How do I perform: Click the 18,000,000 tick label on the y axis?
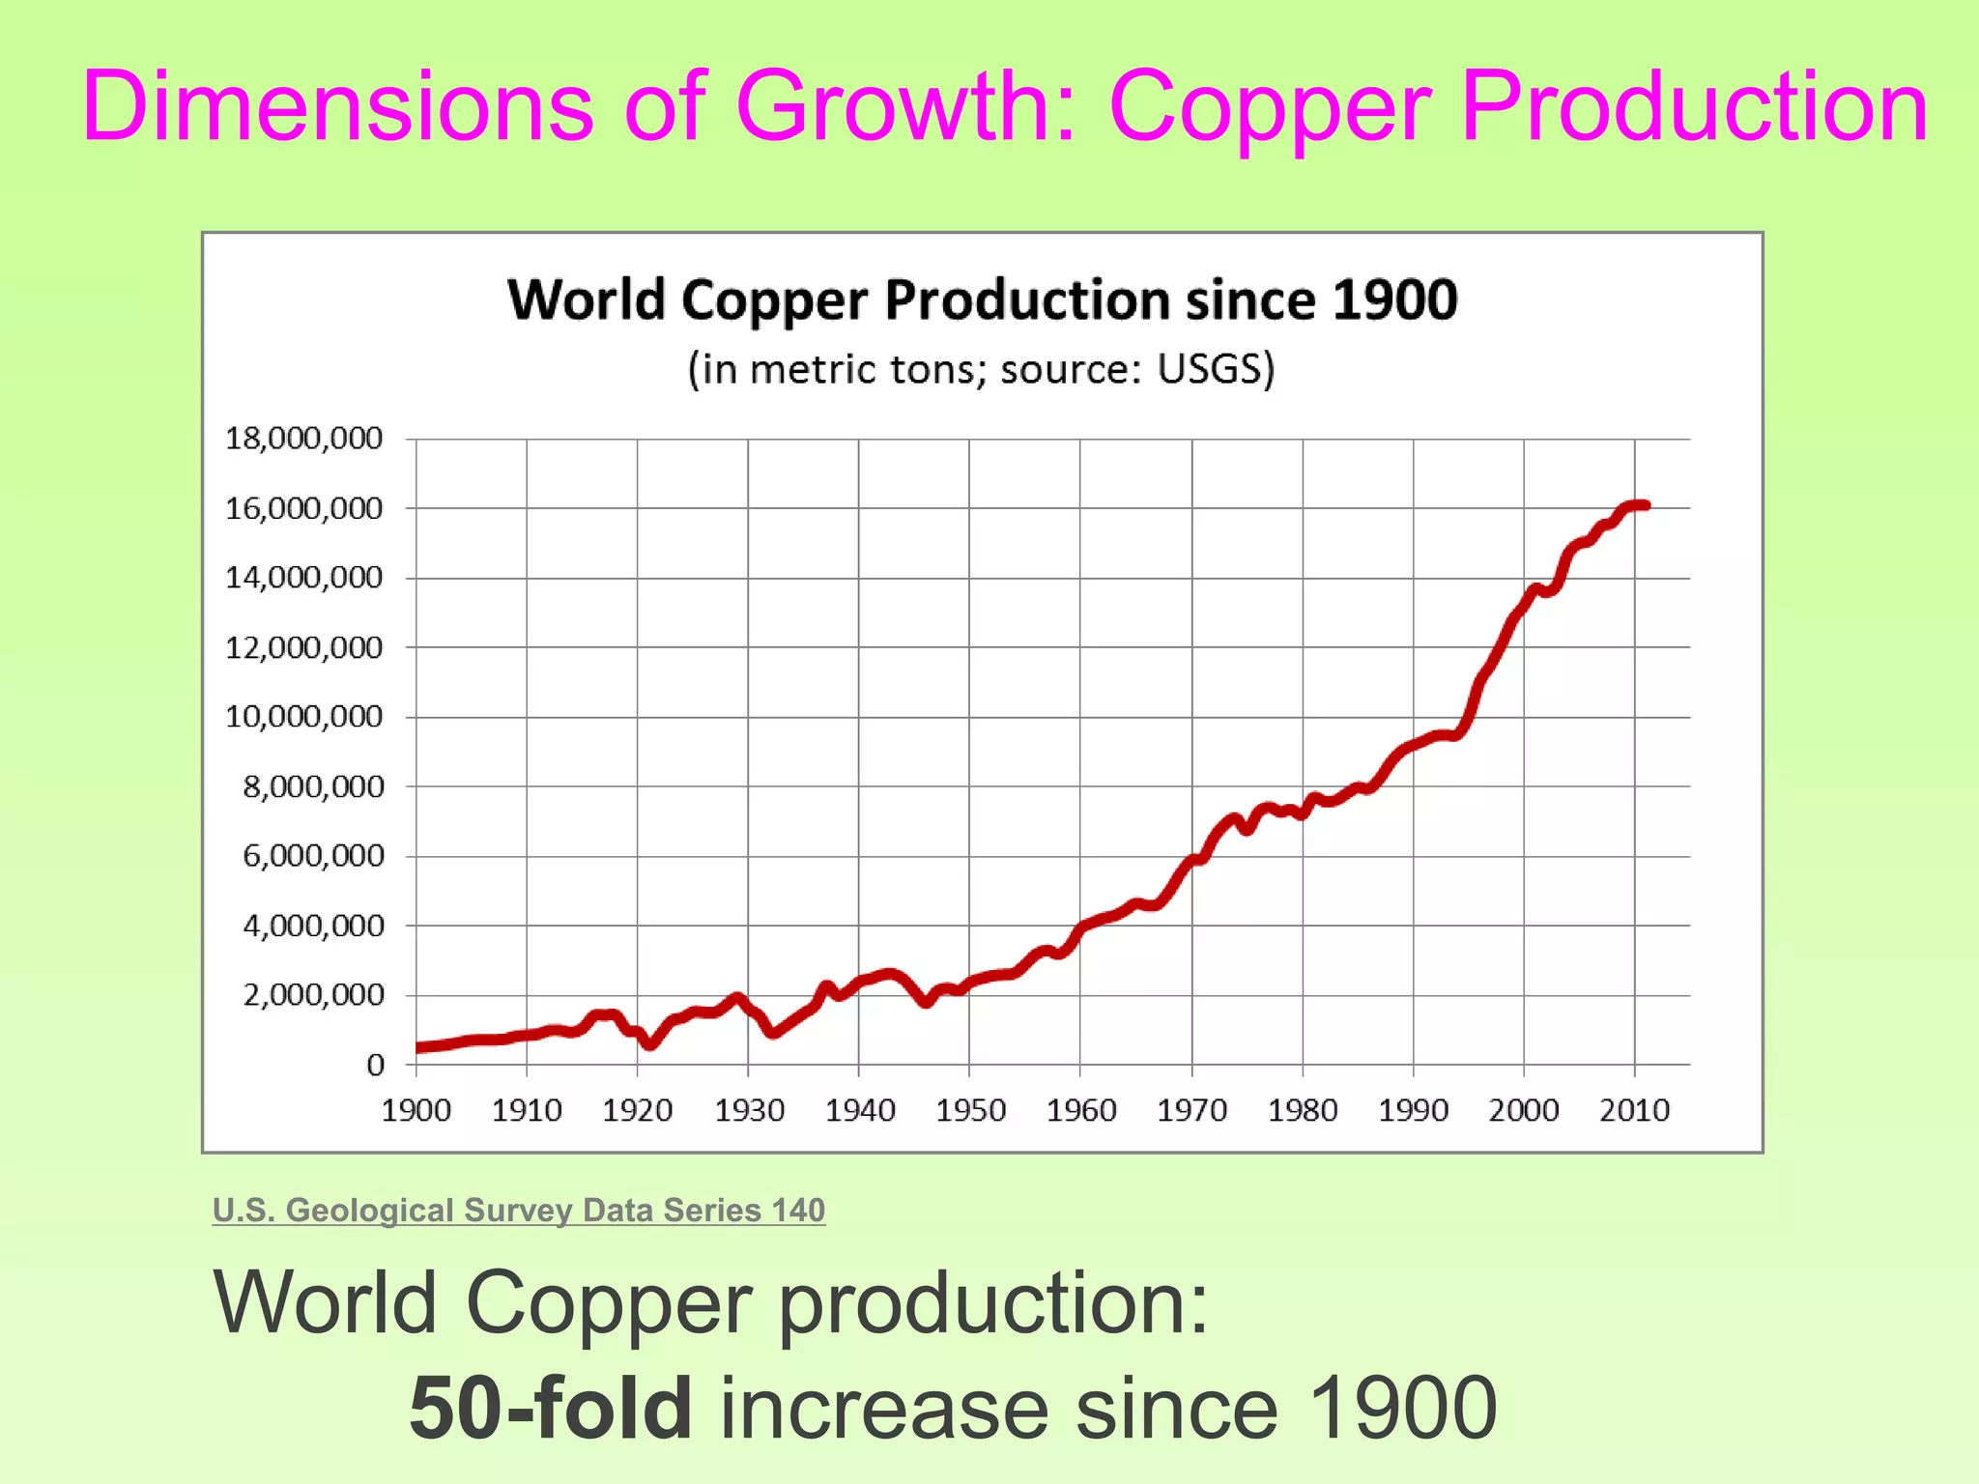point(303,439)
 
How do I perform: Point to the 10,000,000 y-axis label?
point(303,717)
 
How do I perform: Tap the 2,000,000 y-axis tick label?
point(312,995)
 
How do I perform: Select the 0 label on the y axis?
point(375,1066)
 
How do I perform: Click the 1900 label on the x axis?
point(416,1111)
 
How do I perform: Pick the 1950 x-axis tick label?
point(970,1111)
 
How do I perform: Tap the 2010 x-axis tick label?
point(1634,1111)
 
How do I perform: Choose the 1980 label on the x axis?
point(1303,1111)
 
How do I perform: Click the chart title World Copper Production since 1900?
point(982,300)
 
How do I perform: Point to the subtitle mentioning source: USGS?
point(982,369)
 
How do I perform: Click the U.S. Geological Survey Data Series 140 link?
point(519,1211)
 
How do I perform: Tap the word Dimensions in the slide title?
point(337,108)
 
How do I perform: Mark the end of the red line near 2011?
point(1646,505)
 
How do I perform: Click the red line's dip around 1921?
point(650,1044)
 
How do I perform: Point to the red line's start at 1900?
point(418,1047)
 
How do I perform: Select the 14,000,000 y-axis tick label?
point(303,578)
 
